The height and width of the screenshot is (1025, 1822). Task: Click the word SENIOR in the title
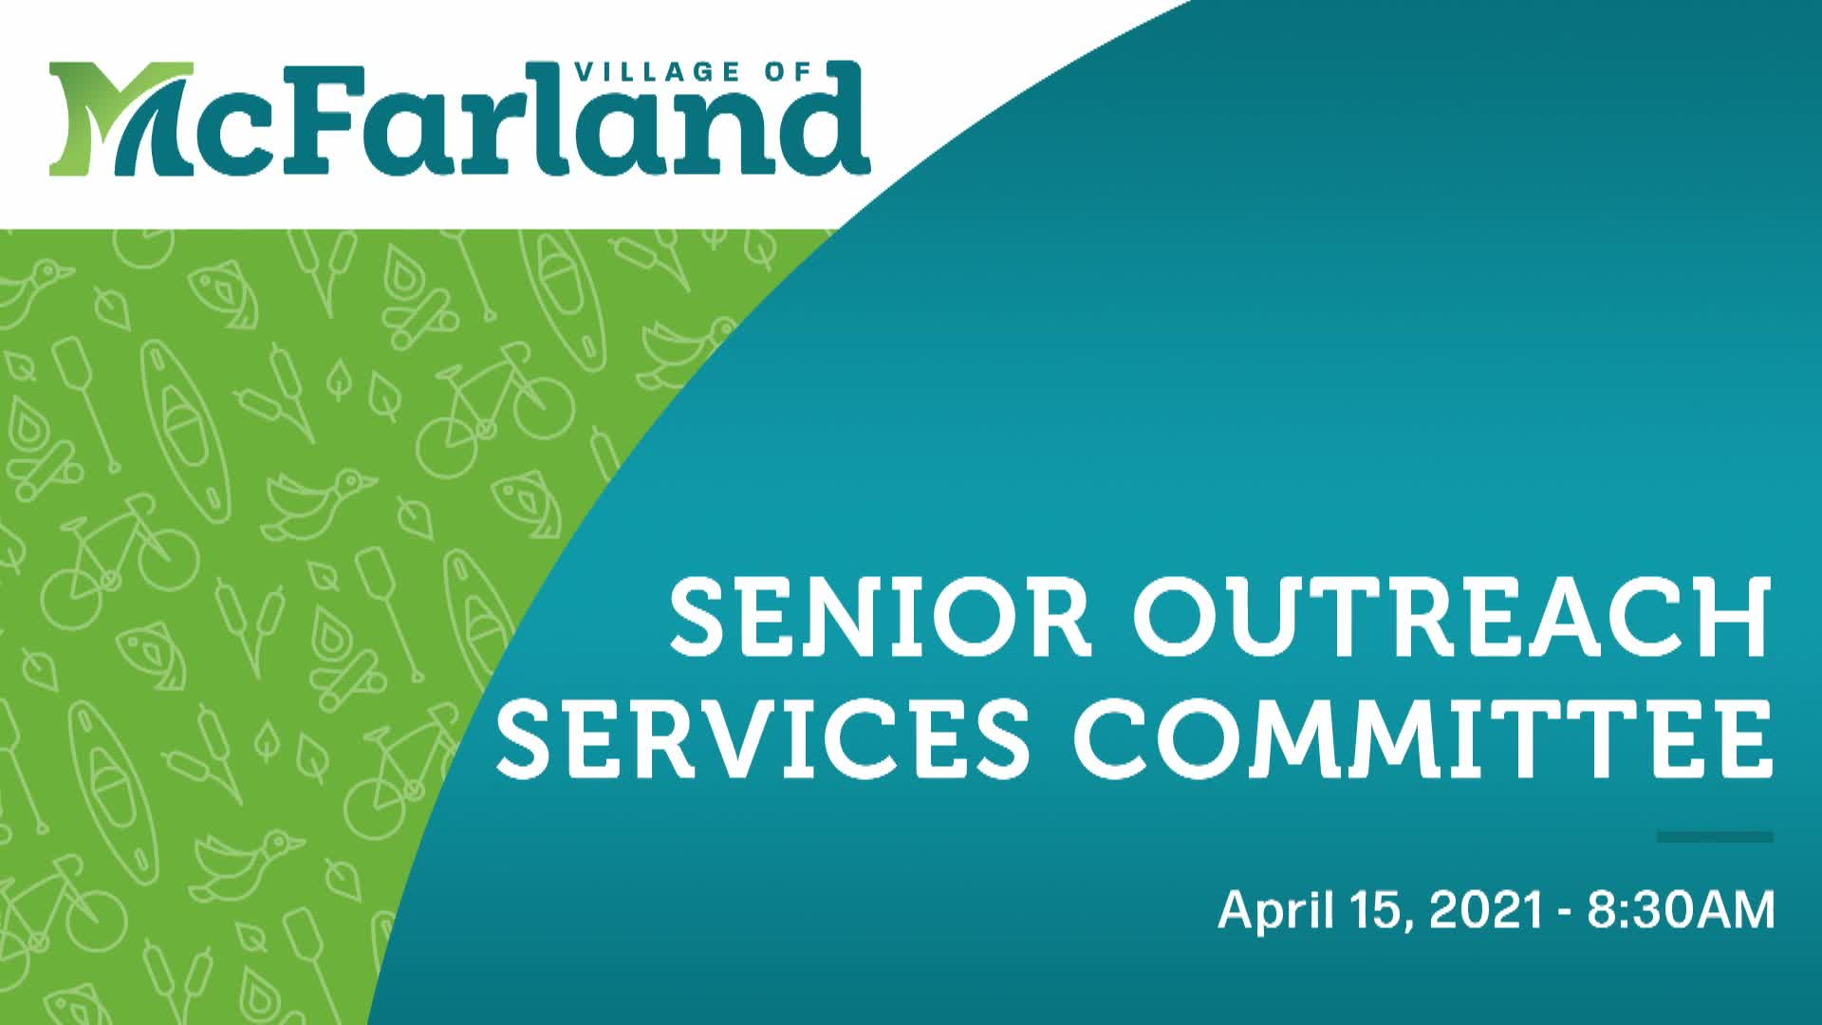pyautogui.click(x=881, y=618)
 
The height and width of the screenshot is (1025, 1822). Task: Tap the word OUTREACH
pyautogui.click(x=1452, y=618)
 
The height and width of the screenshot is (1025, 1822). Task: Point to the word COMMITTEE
pyautogui.click(x=1423, y=737)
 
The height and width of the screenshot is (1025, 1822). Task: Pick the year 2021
pyautogui.click(x=1486, y=909)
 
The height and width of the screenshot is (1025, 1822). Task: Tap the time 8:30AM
pyautogui.click(x=1681, y=909)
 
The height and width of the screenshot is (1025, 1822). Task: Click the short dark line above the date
pyautogui.click(x=1715, y=836)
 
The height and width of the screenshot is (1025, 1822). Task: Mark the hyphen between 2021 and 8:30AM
pyautogui.click(x=1563, y=912)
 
